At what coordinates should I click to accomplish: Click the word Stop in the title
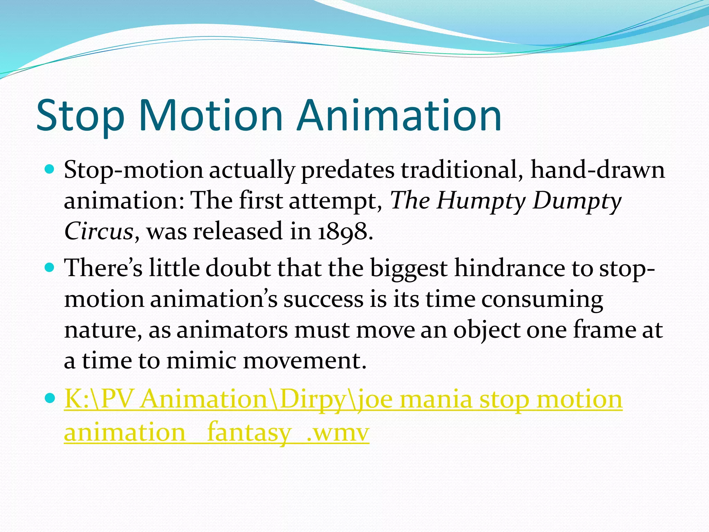pos(80,116)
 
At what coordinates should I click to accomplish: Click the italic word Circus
pos(99,231)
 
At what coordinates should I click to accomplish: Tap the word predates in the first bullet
pos(348,171)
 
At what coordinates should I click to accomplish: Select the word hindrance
pos(509,268)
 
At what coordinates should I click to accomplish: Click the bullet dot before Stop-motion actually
pos(50,169)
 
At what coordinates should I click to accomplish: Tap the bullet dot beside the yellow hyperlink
pos(50,398)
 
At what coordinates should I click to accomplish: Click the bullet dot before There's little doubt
pos(50,267)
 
